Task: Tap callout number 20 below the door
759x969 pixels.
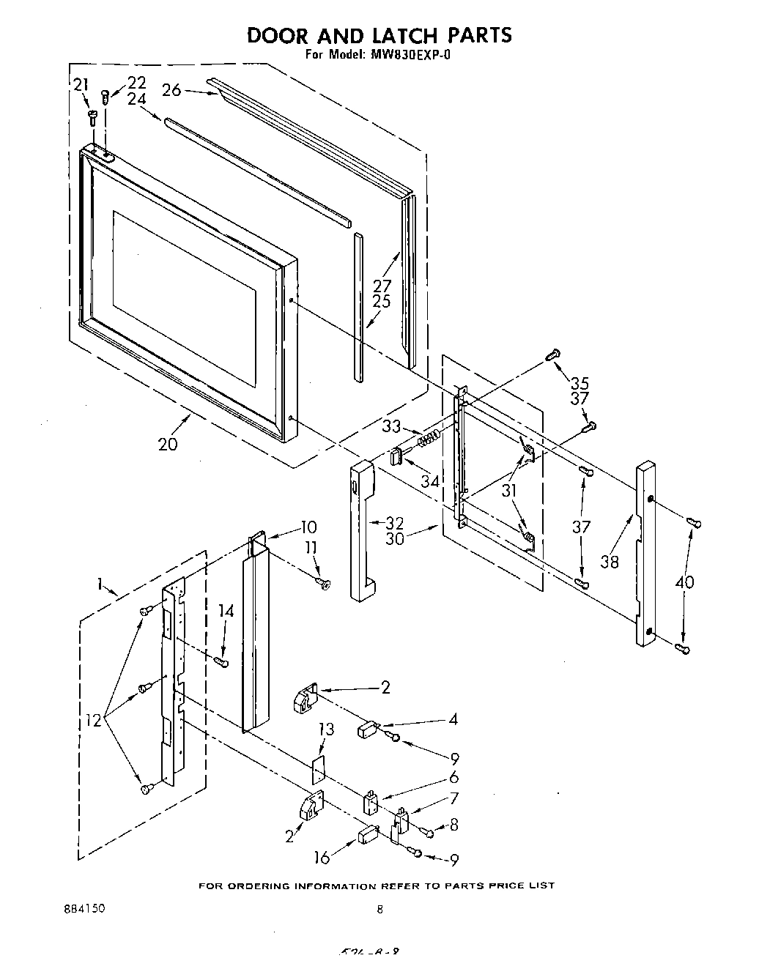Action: click(x=168, y=444)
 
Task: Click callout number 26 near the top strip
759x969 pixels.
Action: click(x=171, y=89)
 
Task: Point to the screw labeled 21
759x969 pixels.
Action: click(x=92, y=116)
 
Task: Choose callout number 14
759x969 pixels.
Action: click(x=227, y=611)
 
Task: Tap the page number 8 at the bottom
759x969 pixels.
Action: click(x=379, y=910)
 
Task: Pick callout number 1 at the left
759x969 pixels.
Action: click(x=100, y=584)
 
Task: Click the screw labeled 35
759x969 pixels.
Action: click(x=555, y=355)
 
